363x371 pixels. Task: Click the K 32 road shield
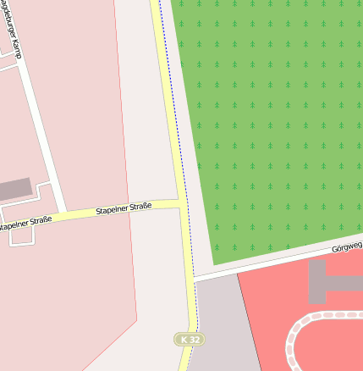(x=190, y=340)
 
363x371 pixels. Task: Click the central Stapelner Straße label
(x=124, y=208)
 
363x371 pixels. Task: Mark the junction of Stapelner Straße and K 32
(x=181, y=202)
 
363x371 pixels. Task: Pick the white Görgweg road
(x=279, y=261)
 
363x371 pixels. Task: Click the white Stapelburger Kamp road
(x=38, y=127)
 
